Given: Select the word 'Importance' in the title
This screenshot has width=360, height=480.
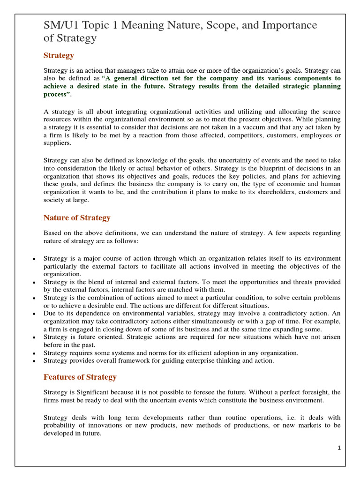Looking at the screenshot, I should [x=289, y=25].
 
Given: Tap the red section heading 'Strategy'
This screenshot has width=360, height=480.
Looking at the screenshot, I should [x=59, y=55].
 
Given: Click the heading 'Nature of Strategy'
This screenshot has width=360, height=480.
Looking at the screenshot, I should [x=77, y=217].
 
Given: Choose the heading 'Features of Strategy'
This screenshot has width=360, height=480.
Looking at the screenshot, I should [x=80, y=377].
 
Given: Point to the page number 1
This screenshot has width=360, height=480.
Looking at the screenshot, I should [x=339, y=448].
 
